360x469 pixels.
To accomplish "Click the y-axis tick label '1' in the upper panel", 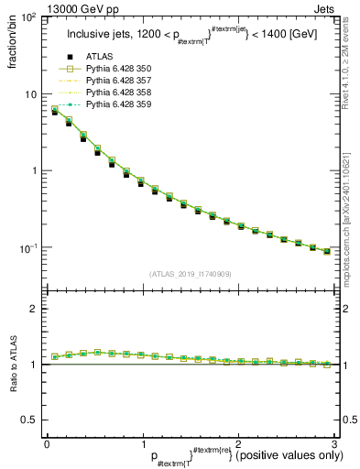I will coord(32,171).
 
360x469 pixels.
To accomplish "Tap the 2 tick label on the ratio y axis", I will coord(32,309).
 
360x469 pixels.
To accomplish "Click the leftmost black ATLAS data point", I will coord(55,112).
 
